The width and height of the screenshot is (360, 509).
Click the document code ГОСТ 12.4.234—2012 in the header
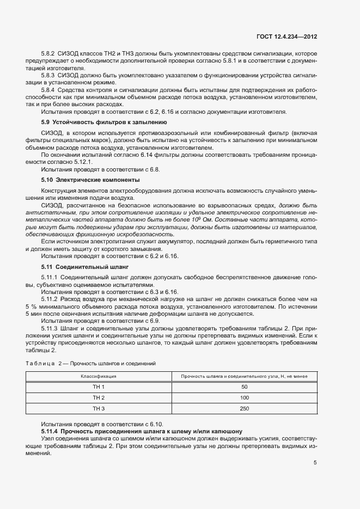click(x=286, y=36)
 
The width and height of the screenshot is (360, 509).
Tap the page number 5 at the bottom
click(x=315, y=463)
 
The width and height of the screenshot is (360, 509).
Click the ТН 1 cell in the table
click(x=98, y=387)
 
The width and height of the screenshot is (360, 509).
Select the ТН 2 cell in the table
click(x=98, y=398)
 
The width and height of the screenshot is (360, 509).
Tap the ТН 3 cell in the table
click(x=98, y=409)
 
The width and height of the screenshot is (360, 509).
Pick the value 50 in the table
click(x=244, y=387)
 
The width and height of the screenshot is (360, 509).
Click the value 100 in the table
click(x=244, y=398)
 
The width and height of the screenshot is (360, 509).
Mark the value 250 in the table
click(x=244, y=409)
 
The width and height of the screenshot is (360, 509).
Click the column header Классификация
click(x=98, y=376)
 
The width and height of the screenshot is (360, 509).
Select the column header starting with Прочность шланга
click(x=244, y=376)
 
